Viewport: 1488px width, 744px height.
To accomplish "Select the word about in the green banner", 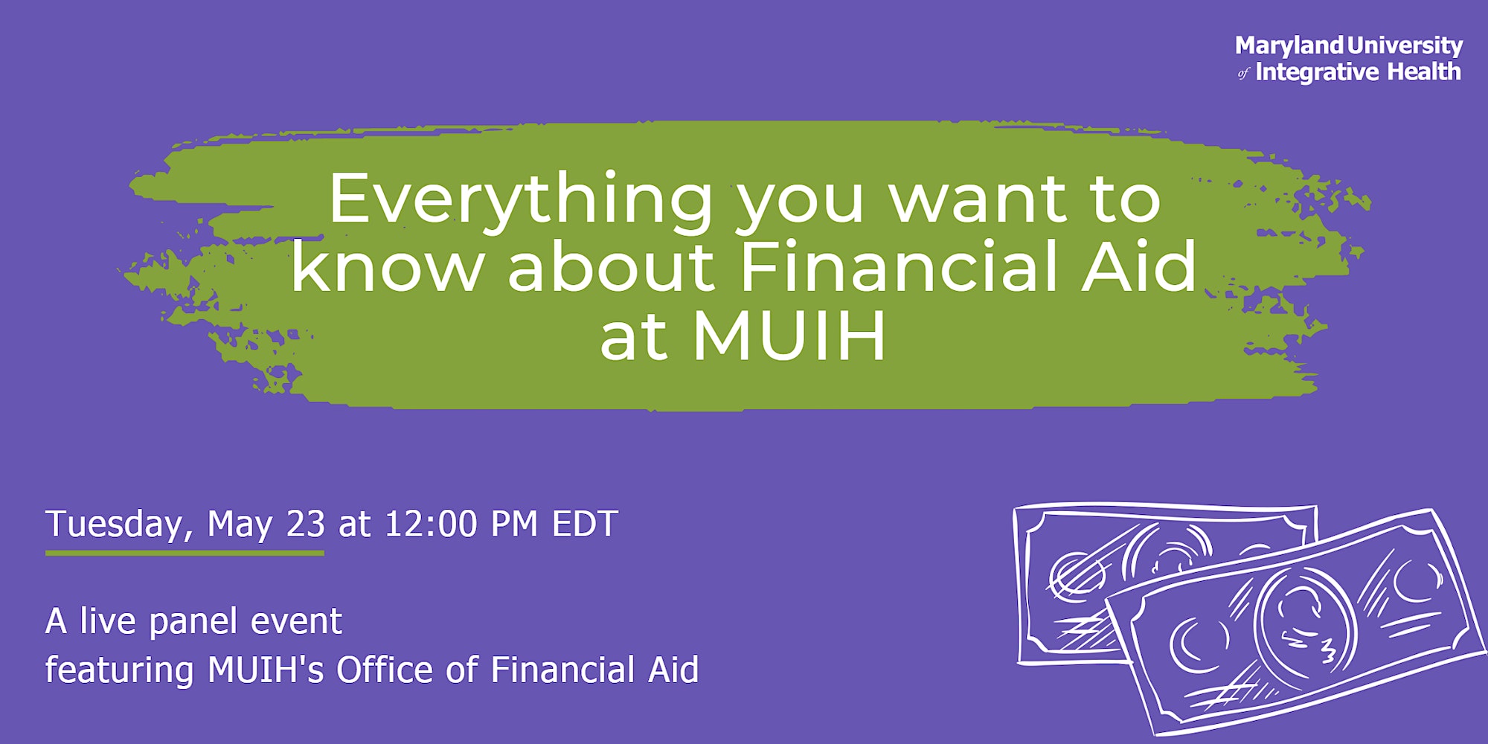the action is click(x=611, y=266).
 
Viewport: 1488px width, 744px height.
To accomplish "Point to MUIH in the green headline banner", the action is click(x=789, y=336).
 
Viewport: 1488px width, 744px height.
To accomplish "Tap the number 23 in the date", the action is click(x=306, y=524).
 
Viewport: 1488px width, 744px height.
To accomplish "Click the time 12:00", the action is click(x=431, y=524).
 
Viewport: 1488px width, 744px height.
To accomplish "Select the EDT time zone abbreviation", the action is click(x=585, y=524).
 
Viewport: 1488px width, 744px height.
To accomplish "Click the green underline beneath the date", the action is click(x=185, y=553).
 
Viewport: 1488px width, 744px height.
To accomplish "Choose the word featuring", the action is click(x=120, y=670).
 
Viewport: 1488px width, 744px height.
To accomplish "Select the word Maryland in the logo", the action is click(x=1289, y=47).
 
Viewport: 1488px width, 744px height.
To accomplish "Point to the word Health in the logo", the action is click(x=1425, y=71).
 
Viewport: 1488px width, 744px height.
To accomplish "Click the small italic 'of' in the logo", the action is click(x=1244, y=74).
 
